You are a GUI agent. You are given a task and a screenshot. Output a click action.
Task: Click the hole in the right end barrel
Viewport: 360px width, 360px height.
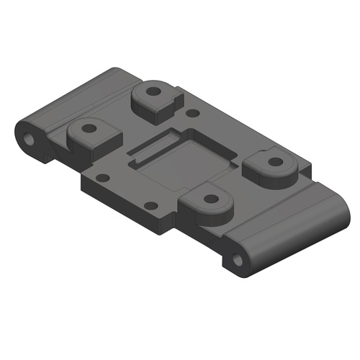[x=239, y=257]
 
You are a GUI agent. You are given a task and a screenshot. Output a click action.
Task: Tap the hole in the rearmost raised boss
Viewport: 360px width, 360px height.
[x=154, y=92]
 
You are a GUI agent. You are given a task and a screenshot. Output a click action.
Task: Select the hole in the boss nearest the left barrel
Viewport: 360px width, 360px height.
[x=89, y=130]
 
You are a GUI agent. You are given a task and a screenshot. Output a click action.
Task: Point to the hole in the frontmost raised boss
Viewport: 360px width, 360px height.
[x=211, y=198]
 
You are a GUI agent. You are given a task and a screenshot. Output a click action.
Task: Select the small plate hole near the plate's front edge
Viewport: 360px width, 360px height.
[x=150, y=206]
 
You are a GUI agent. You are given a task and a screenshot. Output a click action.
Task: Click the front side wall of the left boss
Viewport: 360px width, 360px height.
[x=90, y=149]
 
